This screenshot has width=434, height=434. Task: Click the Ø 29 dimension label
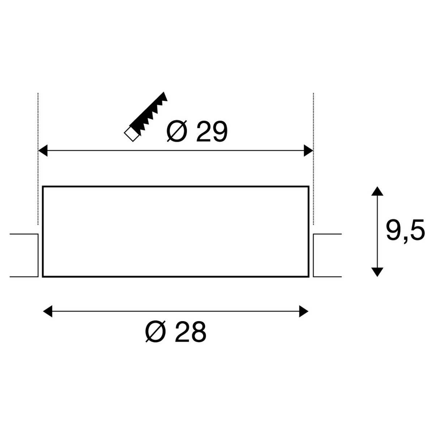pyautogui.click(x=197, y=132)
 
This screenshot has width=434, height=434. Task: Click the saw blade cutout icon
pyautogui.click(x=146, y=117)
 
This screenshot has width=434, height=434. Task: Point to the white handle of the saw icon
pyautogui.click(x=131, y=134)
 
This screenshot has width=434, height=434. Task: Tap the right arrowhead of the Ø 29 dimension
pyautogui.click(x=309, y=150)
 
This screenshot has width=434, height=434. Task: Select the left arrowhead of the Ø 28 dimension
pyautogui.click(x=47, y=311)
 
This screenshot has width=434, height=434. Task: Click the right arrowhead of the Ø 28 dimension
pyautogui.click(x=303, y=311)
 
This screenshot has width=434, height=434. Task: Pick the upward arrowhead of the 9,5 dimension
pyautogui.click(x=377, y=191)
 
